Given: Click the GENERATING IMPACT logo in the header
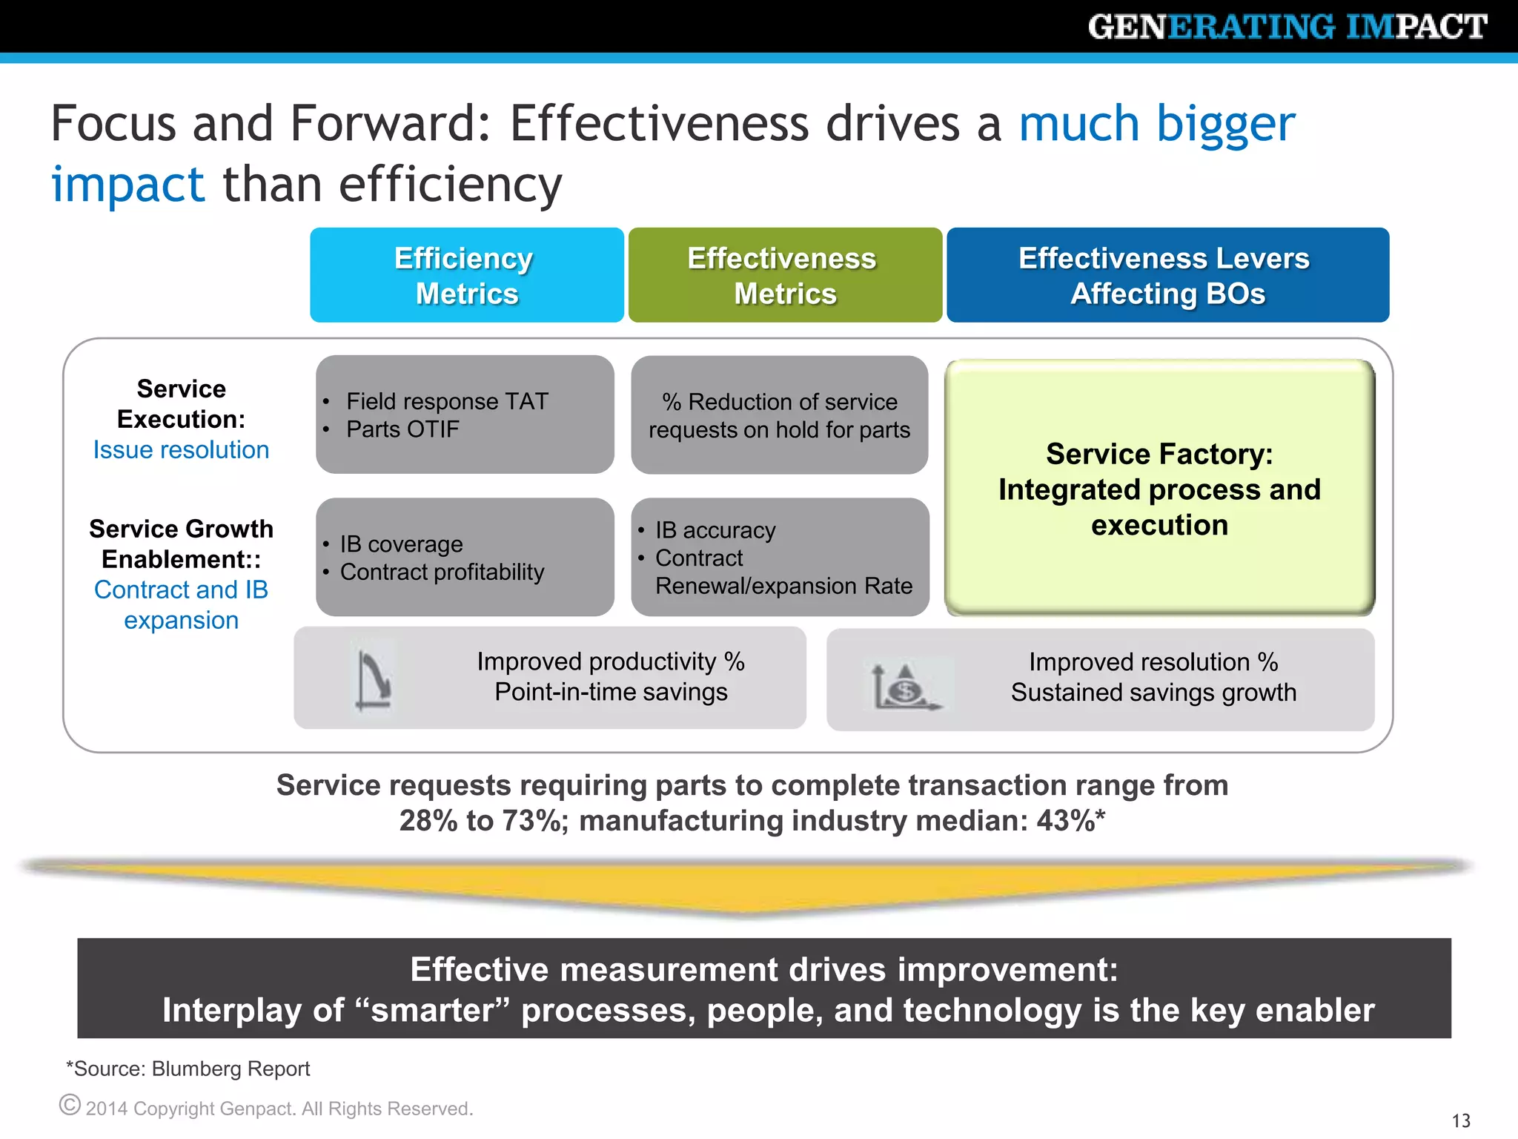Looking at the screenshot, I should pos(1287,27).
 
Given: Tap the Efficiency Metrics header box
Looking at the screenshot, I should pos(466,275).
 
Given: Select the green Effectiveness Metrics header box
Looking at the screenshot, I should pos(784,275).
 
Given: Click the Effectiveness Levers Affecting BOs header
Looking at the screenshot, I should pos(1167,275).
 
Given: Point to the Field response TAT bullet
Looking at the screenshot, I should pos(447,401).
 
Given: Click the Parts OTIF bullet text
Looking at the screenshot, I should pos(402,429).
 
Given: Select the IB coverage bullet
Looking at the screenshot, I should pos(401,544).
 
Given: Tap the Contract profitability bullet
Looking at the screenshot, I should pos(442,572).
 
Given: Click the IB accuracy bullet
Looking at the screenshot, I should pos(715,530).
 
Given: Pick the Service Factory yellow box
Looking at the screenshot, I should pos(1159,489).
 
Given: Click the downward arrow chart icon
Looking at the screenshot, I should pos(373,679).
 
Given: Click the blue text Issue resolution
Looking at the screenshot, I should pos(181,450).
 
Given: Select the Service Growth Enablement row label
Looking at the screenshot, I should pos(181,544).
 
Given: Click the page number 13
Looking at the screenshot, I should pos(1460,1120).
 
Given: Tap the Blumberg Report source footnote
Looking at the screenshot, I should pos(188,1069).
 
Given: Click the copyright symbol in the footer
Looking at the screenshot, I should pos(70,1105).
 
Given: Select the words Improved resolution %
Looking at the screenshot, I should pos(1153,662).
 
